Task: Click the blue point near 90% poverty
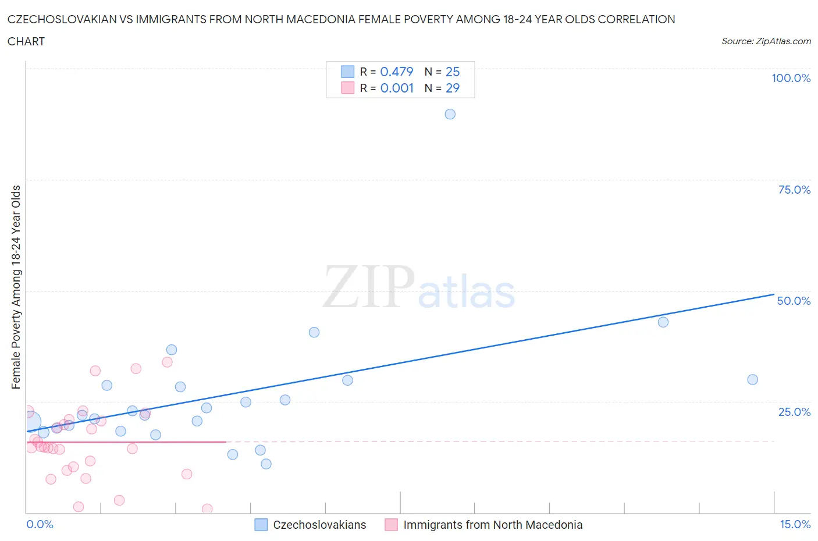(x=450, y=114)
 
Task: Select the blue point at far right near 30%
(x=752, y=379)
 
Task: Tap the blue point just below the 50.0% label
(x=663, y=322)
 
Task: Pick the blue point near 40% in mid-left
(x=314, y=332)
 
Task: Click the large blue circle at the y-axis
(x=30, y=422)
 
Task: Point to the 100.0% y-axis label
(x=791, y=78)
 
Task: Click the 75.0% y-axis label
(x=794, y=190)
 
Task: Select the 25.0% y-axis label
(x=794, y=412)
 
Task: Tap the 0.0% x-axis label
(x=40, y=524)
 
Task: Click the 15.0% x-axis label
(x=795, y=524)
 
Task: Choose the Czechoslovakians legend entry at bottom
(x=311, y=525)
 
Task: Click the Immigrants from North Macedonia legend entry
(x=483, y=525)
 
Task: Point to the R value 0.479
(x=396, y=72)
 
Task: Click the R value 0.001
(x=397, y=88)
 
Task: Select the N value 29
(x=452, y=88)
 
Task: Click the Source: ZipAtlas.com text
(x=766, y=41)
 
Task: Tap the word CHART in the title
(x=26, y=41)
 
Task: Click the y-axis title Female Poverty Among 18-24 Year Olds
(x=16, y=287)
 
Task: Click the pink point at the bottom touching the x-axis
(x=207, y=509)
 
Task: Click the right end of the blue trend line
(x=773, y=294)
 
